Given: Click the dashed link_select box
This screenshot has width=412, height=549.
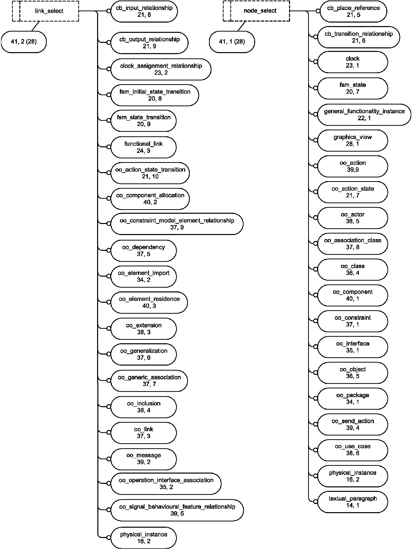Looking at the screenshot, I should tap(49, 11).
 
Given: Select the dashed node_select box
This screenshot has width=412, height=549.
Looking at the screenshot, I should tap(260, 11).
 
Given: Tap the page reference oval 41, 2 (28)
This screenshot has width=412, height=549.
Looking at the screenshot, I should tap(24, 42).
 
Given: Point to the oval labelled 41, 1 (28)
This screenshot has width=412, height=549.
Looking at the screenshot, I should tap(232, 42).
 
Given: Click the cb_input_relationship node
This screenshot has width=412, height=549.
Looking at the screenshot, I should tap(144, 11).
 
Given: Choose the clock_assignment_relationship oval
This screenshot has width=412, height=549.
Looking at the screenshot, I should tap(161, 69).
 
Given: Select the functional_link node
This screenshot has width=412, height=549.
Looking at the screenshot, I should tap(143, 147).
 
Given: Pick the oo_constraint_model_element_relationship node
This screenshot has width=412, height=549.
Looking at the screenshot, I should tap(177, 224).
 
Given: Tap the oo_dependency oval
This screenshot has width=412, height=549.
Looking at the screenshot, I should tap(143, 251).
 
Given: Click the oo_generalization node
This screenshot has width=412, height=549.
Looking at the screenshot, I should tap(143, 354).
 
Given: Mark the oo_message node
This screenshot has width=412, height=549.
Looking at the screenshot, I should tap(143, 459).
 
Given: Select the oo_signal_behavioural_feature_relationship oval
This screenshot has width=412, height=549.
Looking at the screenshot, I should tap(177, 510).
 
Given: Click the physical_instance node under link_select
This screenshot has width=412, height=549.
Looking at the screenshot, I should tap(143, 538).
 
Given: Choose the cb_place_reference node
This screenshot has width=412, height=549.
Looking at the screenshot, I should tap(353, 11).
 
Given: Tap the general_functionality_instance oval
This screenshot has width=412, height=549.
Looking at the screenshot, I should tap(364, 115).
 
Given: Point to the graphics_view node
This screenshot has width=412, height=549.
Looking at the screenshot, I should tap(352, 140).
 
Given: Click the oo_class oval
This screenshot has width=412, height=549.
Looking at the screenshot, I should tap(352, 269).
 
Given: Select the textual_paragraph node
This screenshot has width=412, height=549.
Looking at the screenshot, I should tap(352, 502).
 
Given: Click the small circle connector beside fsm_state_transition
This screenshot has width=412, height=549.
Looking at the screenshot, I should tap(109, 121).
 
